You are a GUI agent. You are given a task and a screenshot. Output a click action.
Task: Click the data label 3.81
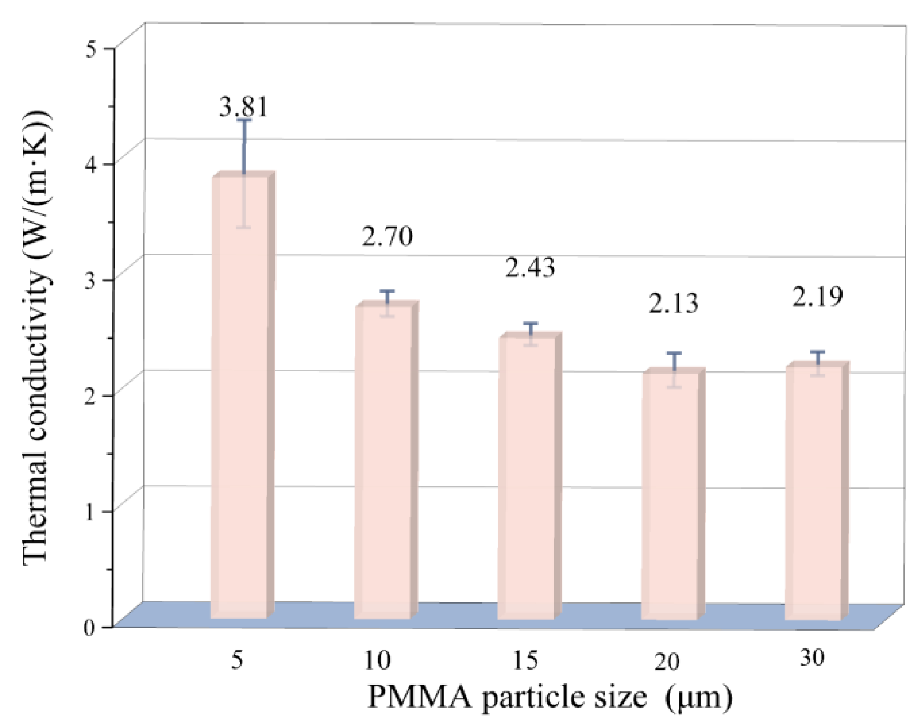click(243, 107)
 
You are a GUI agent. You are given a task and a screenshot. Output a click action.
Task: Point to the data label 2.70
click(387, 236)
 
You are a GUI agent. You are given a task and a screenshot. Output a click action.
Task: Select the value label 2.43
click(530, 268)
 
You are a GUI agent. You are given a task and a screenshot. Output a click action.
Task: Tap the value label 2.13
click(673, 303)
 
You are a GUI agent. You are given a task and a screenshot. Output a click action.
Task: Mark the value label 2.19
click(817, 297)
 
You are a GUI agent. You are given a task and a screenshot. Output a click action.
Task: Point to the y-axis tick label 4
click(91, 165)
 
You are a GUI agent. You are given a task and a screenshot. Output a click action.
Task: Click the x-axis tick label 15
click(525, 660)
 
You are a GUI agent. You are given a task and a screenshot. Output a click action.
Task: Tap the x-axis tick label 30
click(812, 658)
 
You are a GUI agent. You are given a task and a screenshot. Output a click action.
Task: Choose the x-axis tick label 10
click(377, 660)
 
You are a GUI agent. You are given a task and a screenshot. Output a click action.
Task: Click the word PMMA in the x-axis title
click(420, 697)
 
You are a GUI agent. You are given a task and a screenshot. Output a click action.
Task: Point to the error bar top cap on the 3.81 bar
click(244, 120)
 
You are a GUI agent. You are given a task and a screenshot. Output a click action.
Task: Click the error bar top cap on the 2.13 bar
click(674, 353)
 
